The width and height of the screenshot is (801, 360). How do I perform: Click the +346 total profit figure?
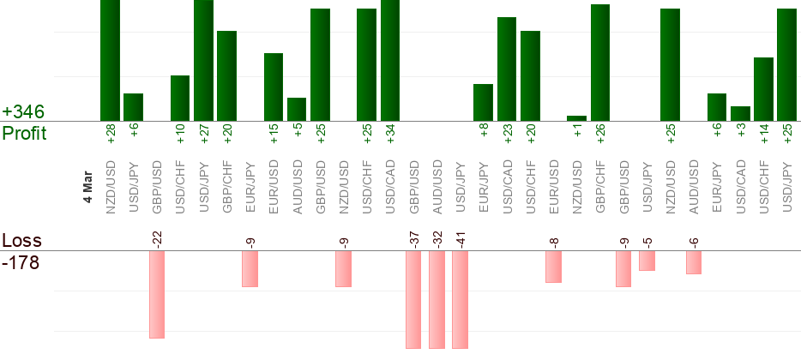point(23,112)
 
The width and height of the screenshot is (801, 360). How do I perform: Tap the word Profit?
point(24,133)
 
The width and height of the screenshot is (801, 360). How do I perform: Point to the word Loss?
point(22,240)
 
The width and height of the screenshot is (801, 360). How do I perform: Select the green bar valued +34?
point(390,60)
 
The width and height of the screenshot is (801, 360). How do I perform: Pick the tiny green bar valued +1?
point(576,118)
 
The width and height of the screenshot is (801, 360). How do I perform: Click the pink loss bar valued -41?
point(460,299)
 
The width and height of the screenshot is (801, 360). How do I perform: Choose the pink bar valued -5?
point(647,261)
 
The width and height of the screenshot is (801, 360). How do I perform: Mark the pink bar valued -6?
point(694,262)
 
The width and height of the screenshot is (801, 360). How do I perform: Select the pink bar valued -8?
point(553,267)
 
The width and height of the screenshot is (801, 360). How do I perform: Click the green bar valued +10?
point(180,98)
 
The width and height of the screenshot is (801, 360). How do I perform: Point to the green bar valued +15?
point(274,87)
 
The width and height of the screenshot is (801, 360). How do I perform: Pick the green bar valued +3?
point(740,113)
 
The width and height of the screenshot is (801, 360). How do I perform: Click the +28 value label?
point(111,134)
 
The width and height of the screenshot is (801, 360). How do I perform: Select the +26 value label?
point(600,134)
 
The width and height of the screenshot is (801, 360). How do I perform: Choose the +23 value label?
point(507,134)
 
